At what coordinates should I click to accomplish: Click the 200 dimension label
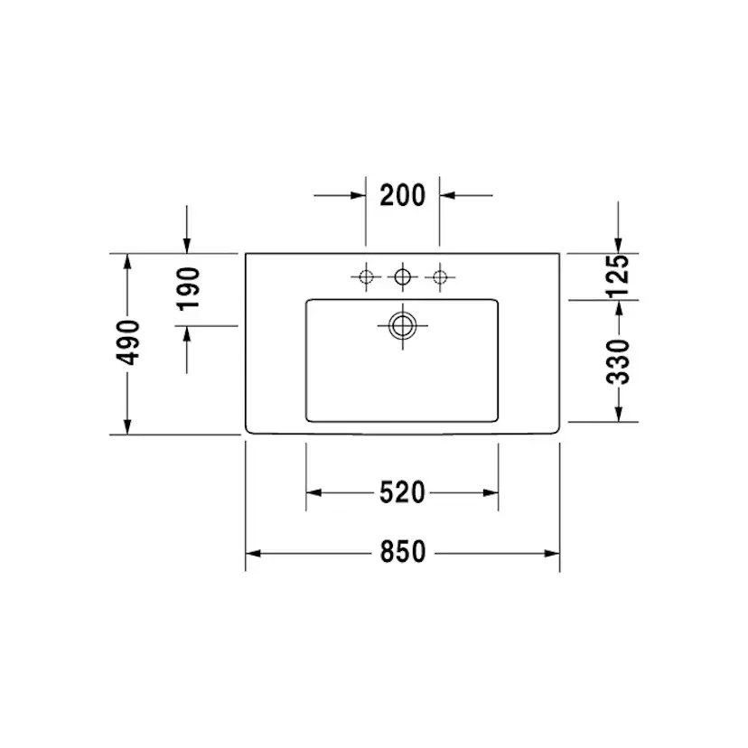pyautogui.click(x=402, y=194)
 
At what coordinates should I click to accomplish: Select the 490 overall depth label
pyautogui.click(x=128, y=342)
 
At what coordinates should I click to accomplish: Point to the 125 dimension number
pyautogui.click(x=617, y=276)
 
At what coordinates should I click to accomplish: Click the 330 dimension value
pyautogui.click(x=617, y=361)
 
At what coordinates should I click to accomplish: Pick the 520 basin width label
pyautogui.click(x=402, y=492)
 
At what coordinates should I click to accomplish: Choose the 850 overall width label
pyautogui.click(x=402, y=551)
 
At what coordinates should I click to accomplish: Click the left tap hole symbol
pyautogui.click(x=366, y=276)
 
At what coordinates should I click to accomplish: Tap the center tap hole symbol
pyautogui.click(x=403, y=276)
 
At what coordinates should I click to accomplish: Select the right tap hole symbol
pyautogui.click(x=440, y=276)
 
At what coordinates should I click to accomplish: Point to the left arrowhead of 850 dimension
pyautogui.click(x=253, y=551)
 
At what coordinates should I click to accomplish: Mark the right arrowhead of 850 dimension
pyautogui.click(x=552, y=551)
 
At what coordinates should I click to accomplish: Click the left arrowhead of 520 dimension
pyautogui.click(x=313, y=492)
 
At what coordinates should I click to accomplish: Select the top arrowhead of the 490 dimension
pyautogui.click(x=128, y=261)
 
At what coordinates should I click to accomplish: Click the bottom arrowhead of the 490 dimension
pyautogui.click(x=128, y=426)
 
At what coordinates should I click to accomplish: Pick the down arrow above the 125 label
pyautogui.click(x=617, y=245)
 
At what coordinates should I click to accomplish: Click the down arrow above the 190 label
pyautogui.click(x=187, y=245)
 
